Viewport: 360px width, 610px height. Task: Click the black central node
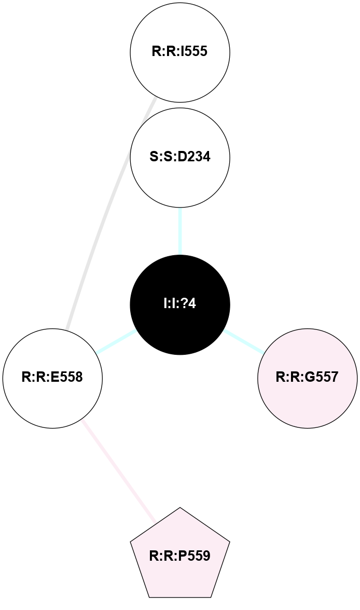[x=180, y=304]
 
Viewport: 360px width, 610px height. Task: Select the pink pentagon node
[x=180, y=555]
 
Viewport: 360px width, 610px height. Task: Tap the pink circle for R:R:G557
[x=307, y=378]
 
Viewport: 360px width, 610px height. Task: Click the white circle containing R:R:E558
[x=52, y=378]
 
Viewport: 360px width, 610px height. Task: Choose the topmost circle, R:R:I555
[x=180, y=52]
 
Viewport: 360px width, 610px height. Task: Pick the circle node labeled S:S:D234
[x=180, y=157]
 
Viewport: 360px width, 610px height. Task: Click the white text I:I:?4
[x=180, y=304]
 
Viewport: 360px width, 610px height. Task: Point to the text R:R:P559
[x=180, y=557]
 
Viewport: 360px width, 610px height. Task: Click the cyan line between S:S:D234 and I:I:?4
[x=180, y=231]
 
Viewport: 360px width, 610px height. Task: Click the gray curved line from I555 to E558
[x=104, y=218]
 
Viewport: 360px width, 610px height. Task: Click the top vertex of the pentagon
[x=180, y=509]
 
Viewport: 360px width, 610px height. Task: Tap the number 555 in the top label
[x=197, y=52]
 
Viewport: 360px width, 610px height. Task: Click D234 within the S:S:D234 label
[x=191, y=157]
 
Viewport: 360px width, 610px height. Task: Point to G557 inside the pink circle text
[x=321, y=378]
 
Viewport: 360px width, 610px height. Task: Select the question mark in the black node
[x=186, y=304]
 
